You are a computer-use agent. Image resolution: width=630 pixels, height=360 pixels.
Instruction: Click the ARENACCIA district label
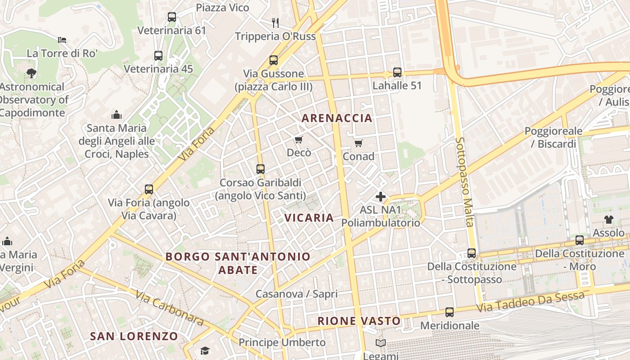pos(337,118)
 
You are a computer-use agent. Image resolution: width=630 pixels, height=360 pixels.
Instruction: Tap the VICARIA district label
pos(309,218)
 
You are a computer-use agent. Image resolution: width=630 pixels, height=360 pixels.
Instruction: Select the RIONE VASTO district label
pos(359,321)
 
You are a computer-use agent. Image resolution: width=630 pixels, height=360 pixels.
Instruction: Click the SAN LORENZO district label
pos(134,336)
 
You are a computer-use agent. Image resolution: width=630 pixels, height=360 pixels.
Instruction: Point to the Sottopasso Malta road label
pos(465,182)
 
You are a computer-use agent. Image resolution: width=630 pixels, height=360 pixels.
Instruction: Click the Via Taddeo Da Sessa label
pos(531,301)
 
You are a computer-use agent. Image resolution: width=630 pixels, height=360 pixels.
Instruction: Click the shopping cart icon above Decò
pos(299,140)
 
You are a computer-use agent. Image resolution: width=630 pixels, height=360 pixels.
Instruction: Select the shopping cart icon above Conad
pos(358,143)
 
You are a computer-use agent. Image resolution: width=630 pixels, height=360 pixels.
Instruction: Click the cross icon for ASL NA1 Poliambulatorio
pos(381,197)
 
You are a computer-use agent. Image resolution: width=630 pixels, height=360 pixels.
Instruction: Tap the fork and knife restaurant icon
pos(275,22)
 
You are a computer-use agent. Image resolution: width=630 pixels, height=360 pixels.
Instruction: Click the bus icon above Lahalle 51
pos(397,72)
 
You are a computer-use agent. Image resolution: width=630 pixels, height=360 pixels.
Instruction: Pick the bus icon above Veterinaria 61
pos(171,17)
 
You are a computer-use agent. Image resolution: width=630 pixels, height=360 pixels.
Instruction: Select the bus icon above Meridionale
pos(449,312)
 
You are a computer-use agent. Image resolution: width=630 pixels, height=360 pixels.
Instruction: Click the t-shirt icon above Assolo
pos(608,220)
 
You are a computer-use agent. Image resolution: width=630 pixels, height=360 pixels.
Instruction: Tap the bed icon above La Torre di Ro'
pos(62,40)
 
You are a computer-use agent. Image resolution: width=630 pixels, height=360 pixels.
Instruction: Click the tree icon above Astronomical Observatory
pos(31,73)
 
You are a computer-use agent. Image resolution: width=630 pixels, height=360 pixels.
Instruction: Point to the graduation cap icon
pos(205,351)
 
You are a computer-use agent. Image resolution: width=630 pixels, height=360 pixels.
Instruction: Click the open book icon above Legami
pos(381,343)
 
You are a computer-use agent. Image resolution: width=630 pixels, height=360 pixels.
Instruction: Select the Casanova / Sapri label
pos(297,294)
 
